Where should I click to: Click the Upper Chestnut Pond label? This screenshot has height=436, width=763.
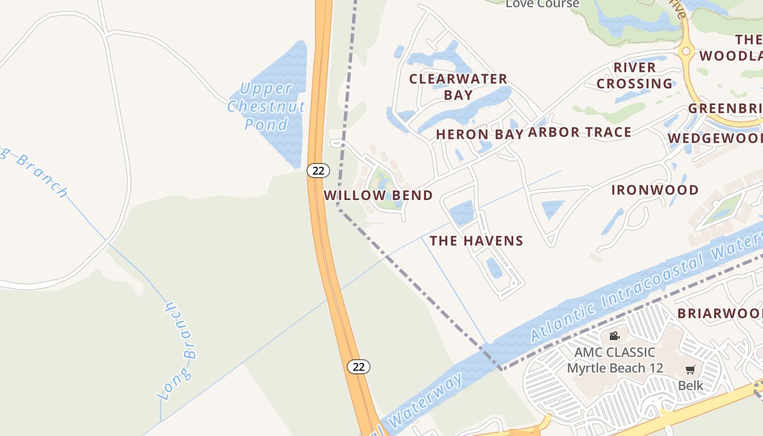click(x=266, y=106)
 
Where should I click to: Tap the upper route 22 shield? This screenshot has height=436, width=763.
click(x=318, y=171)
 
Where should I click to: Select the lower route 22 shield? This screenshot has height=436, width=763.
click(x=359, y=367)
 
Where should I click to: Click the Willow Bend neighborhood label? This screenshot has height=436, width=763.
click(x=378, y=195)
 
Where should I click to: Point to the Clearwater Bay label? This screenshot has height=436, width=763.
click(x=458, y=87)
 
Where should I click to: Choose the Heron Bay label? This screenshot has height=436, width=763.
click(x=480, y=134)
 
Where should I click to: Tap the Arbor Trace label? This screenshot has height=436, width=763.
click(x=579, y=132)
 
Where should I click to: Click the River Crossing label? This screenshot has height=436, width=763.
click(x=634, y=75)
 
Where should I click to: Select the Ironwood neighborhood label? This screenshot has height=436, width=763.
click(x=655, y=190)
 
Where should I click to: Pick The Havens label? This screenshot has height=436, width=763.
click(x=476, y=240)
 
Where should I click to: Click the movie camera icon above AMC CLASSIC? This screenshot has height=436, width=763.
click(x=615, y=336)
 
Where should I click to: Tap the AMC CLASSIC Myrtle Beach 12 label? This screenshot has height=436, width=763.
click(x=615, y=360)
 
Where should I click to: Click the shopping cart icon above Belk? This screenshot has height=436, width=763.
click(x=690, y=370)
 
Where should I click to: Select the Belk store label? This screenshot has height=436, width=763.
click(x=691, y=385)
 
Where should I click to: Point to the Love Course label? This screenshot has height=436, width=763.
click(x=542, y=4)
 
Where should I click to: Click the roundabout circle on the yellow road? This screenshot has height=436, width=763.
click(x=686, y=52)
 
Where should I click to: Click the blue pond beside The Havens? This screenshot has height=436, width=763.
click(x=461, y=212)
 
